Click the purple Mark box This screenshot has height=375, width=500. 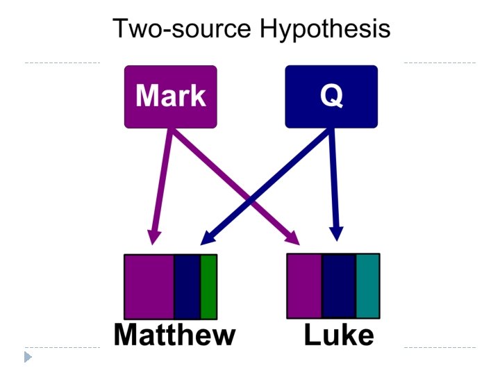coord(170,97)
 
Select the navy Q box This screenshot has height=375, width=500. coord(331,97)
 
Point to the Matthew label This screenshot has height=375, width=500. coord(174,335)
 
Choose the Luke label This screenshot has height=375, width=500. coord(339,335)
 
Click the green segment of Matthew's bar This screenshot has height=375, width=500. coord(208,286)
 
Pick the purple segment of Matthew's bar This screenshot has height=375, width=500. coord(149,286)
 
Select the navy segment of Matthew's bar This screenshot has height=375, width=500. coord(187,286)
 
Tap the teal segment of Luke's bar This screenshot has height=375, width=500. coord(368,285)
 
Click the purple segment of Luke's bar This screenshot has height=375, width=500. coord(304,285)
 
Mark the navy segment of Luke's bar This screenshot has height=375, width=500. coord(339,285)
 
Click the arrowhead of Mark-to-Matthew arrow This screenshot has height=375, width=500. coord(153,238)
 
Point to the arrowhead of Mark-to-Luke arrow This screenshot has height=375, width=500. coord(292,237)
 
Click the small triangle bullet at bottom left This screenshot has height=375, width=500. coord(28,357)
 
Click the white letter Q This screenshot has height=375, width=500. coord(331,96)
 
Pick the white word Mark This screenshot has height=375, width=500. coord(170,96)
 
